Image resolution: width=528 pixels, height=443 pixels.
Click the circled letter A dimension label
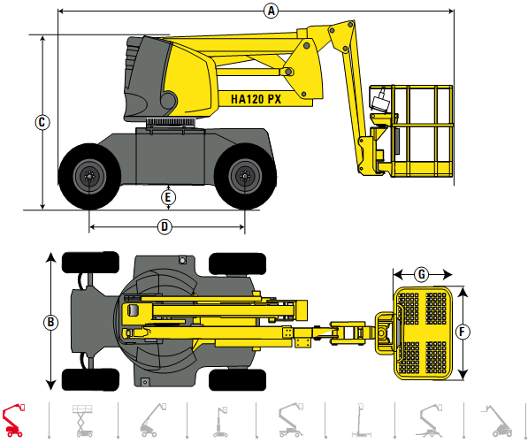(272, 11)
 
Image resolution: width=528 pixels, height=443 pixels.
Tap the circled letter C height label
(42, 122)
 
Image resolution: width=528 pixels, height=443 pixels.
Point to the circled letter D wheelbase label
(165, 226)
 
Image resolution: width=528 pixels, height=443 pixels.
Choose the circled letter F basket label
(463, 332)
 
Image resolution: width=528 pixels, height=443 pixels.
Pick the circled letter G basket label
(422, 274)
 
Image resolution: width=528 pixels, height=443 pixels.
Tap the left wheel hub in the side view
(89, 175)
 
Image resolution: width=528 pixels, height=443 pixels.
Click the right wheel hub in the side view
(242, 175)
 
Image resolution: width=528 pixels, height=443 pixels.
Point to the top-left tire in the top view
(89, 263)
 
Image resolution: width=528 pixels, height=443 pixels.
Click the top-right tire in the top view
(237, 263)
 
